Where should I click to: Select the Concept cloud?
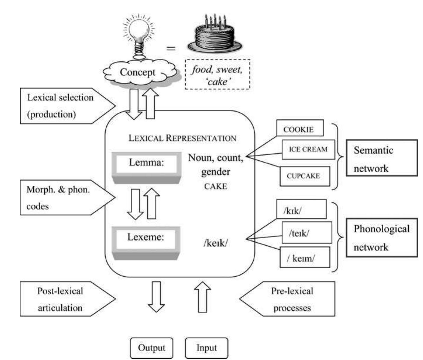coord(138,72)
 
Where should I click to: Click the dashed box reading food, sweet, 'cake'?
coord(217,75)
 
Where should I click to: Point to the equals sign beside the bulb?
coord(171,48)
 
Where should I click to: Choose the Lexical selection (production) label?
coord(63,106)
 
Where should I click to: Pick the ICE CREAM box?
coord(308,149)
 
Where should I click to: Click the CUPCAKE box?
coord(305,176)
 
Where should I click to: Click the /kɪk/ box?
coord(301,209)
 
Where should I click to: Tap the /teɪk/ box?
coord(307,232)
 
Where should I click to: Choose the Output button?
coord(151,348)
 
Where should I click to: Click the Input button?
coord(206,348)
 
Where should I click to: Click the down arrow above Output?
coord(156,297)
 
